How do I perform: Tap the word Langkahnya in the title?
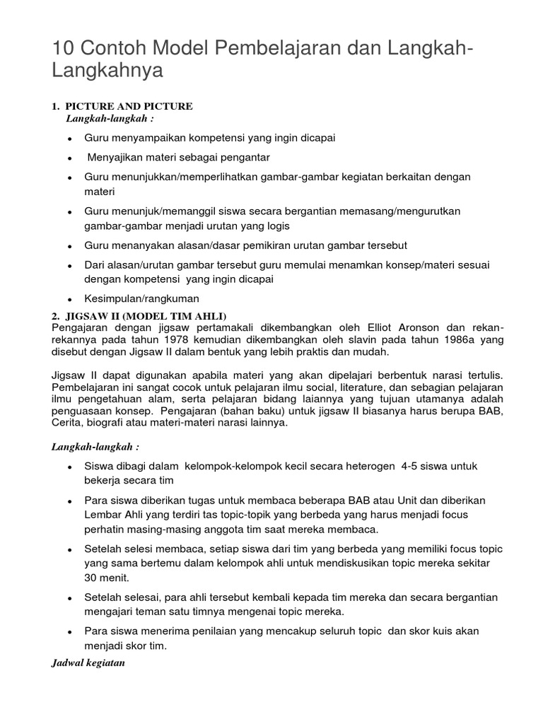[107, 71]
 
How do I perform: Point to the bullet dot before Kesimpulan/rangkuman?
[69, 300]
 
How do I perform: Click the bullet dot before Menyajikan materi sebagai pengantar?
[69, 158]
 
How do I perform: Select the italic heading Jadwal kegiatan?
[88, 663]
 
